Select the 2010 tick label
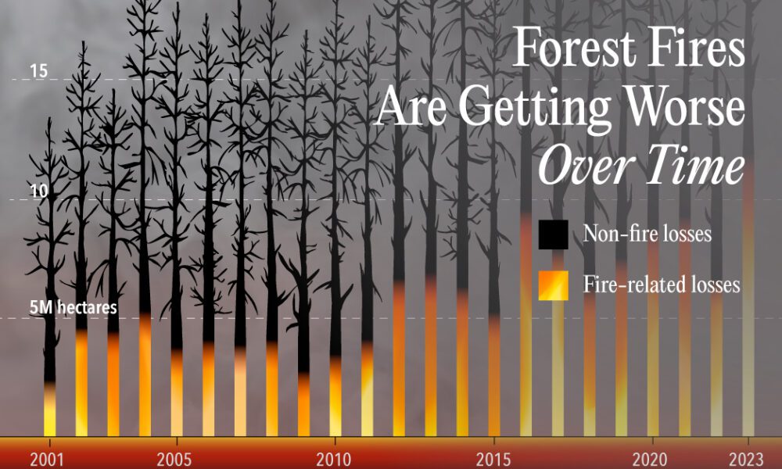coord(335,458)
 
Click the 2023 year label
coord(748,458)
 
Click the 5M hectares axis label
coord(73,307)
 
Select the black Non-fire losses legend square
coord(553,234)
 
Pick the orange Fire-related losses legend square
coord(553,285)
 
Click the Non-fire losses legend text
coord(647,234)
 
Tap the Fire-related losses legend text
coord(662,285)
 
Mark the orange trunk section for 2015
coord(494,375)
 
